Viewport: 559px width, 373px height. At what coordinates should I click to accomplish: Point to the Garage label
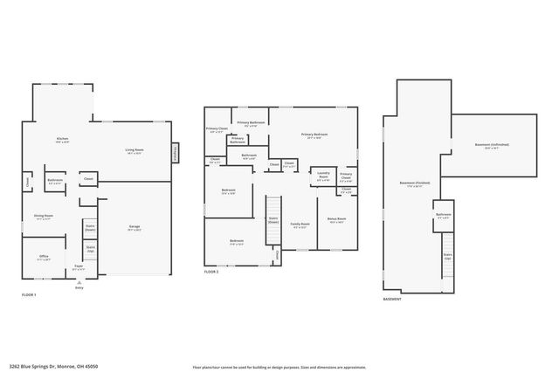pos(135,228)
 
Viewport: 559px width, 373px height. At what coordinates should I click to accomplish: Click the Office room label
pos(44,257)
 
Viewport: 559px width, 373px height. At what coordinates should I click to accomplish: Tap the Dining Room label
pos(44,217)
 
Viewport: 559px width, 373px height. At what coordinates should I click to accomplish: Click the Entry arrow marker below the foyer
pos(79,282)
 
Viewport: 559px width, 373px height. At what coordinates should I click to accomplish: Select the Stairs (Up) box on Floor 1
pos(90,249)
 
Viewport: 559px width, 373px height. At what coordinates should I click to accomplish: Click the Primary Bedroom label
pos(315,135)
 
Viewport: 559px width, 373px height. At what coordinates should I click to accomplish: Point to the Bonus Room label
pos(337,219)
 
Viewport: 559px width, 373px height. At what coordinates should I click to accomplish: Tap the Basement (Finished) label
pos(411,183)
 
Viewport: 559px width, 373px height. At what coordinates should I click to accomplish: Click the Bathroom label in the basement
pos(443,216)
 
